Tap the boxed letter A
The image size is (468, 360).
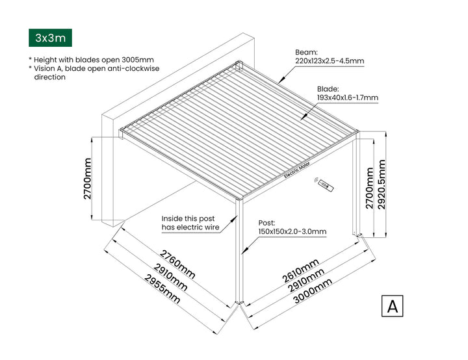392,306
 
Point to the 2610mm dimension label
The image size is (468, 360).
301,270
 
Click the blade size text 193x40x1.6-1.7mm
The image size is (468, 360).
347,98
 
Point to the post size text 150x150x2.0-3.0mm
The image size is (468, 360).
292,231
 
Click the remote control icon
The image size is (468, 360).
324,186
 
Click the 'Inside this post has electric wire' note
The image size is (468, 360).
190,223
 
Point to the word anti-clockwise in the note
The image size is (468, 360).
129,68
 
